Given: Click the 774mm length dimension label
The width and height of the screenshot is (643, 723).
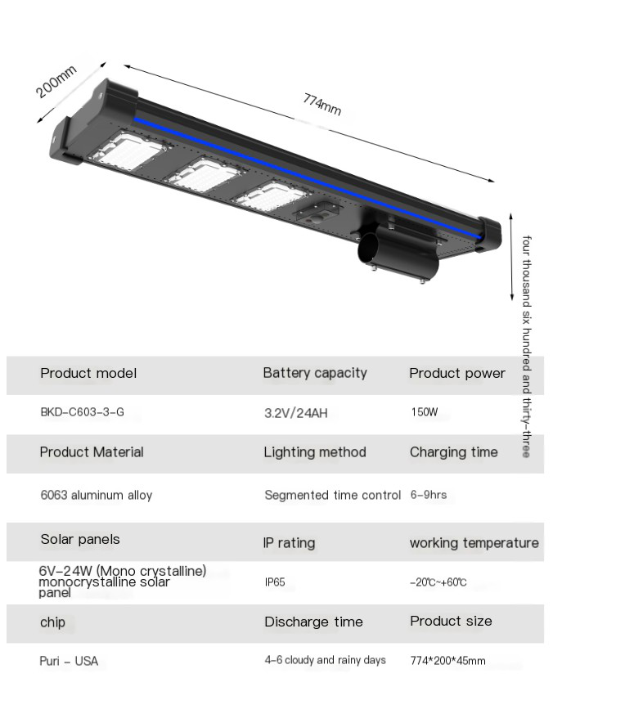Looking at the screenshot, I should click(321, 105).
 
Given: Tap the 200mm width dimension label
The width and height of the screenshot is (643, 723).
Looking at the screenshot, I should click(56, 82).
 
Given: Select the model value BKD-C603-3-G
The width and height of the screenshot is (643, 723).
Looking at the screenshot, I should click(82, 412).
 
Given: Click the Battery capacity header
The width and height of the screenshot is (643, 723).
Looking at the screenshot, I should click(315, 373).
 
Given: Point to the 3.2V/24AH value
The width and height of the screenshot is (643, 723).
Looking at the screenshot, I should click(295, 413).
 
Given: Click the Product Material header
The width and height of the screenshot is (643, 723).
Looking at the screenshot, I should click(91, 452).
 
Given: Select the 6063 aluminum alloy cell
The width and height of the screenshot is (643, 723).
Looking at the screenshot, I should click(96, 495).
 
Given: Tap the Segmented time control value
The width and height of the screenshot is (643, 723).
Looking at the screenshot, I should click(332, 495).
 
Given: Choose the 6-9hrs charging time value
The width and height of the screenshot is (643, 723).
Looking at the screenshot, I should click(428, 495).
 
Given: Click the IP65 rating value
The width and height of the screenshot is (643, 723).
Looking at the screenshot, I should click(275, 582).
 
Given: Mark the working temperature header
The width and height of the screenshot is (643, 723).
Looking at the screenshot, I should click(474, 543).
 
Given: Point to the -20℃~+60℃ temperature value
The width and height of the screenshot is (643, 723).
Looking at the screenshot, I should click(438, 582).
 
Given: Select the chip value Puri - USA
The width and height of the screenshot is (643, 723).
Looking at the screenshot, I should click(69, 661).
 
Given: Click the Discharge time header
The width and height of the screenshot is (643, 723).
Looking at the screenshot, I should click(313, 622).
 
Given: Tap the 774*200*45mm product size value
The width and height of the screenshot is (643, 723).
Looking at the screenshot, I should click(447, 661).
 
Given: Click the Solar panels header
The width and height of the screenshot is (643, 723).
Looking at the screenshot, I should click(80, 539).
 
